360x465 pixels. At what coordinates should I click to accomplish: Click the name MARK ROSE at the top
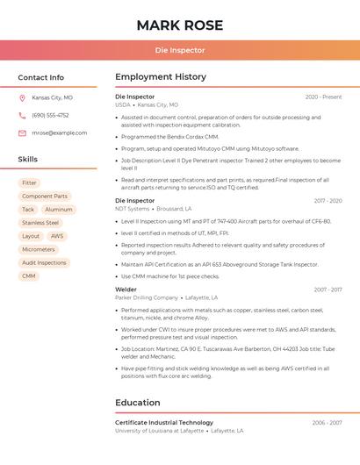(180, 25)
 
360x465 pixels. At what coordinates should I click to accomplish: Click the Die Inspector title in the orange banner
(180, 50)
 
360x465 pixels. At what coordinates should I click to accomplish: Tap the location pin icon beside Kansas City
(22, 97)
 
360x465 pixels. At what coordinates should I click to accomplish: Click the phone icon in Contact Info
(22, 115)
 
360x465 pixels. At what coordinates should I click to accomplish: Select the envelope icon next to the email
(22, 132)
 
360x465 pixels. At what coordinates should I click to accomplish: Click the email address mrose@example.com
(59, 132)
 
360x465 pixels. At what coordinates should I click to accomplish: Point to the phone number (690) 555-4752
(50, 115)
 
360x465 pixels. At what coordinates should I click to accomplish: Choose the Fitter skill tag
(29, 182)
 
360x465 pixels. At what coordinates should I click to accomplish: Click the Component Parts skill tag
(45, 197)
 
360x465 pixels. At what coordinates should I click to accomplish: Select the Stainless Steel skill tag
(40, 223)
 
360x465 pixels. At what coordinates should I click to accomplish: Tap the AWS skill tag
(57, 236)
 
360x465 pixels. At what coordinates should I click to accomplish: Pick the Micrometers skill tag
(39, 249)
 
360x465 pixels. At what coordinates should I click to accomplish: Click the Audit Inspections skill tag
(44, 262)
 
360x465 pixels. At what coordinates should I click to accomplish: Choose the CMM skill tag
(29, 275)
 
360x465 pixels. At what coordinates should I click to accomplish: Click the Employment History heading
(161, 77)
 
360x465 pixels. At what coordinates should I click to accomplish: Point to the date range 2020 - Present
(323, 97)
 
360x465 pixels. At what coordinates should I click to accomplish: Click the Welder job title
(126, 290)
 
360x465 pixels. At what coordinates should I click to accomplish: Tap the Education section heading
(138, 403)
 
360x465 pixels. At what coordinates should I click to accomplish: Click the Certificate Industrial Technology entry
(164, 423)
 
